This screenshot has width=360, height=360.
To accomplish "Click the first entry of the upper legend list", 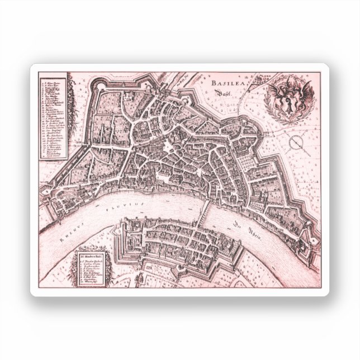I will [x=53, y=82].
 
